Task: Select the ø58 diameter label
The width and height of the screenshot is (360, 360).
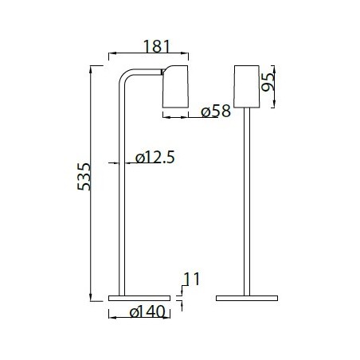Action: (x=215, y=112)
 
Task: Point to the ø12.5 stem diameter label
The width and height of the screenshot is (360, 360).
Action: (x=155, y=158)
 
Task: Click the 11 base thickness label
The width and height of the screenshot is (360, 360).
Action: (x=190, y=279)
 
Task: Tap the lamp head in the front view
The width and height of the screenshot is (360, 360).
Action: (x=248, y=84)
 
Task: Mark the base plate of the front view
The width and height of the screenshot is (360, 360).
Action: (x=248, y=298)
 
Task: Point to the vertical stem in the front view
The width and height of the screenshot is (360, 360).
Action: (x=248, y=199)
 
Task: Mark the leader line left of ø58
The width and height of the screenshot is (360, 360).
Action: (x=182, y=118)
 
